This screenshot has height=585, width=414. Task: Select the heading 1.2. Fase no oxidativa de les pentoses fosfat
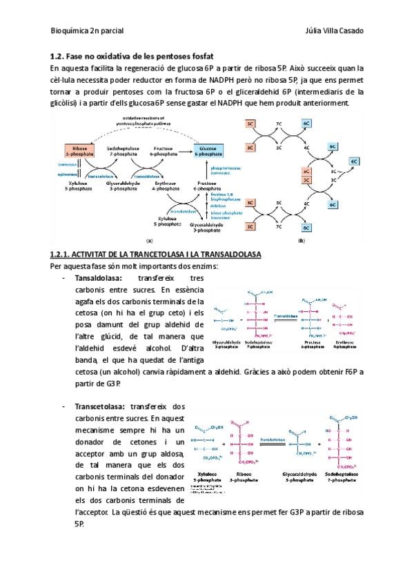tap(132, 56)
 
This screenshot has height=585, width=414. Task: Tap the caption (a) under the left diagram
tap(149, 241)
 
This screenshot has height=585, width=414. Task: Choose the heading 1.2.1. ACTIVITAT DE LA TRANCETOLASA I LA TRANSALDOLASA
tap(156, 255)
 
